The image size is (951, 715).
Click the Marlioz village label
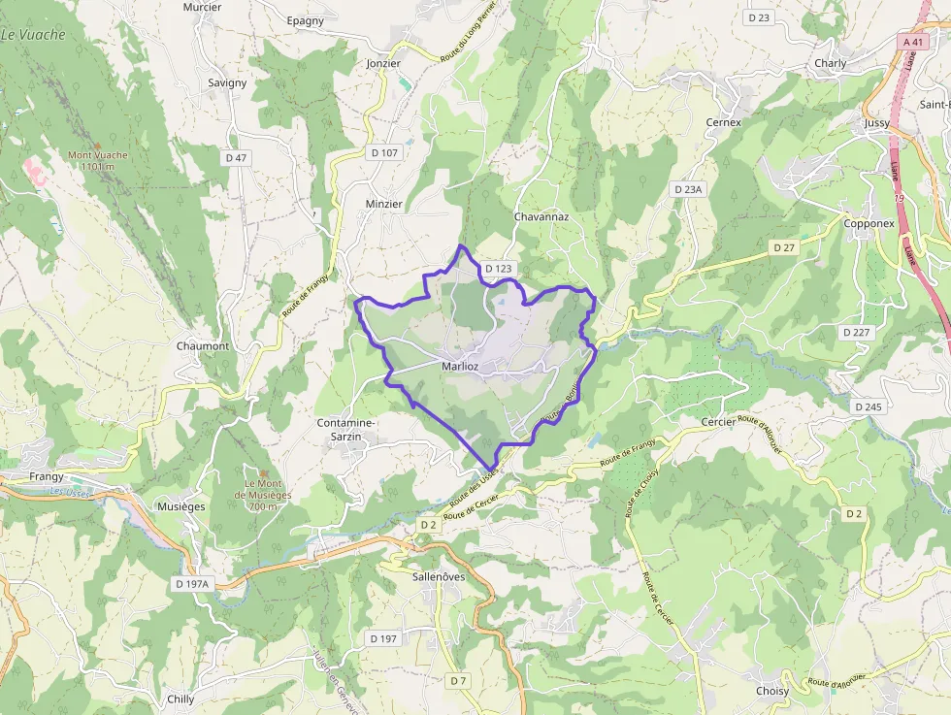click(460, 367)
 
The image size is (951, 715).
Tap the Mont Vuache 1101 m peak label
click(97, 160)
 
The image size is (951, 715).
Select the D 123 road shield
click(498, 269)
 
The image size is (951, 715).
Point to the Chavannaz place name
click(541, 217)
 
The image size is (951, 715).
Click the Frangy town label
click(47, 476)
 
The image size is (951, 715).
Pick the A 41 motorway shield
click(913, 42)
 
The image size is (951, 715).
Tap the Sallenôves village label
click(439, 576)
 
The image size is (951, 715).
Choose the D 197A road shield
click(193, 584)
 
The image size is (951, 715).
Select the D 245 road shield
click(869, 406)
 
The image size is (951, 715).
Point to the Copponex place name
click(869, 223)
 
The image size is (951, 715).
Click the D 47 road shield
click(236, 157)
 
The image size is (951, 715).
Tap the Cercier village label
click(719, 423)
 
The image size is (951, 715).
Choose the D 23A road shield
click(687, 190)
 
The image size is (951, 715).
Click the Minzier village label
click(383, 205)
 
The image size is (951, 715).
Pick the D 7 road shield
click(458, 681)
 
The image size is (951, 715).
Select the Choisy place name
click(772, 691)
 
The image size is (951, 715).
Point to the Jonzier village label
click(383, 63)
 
